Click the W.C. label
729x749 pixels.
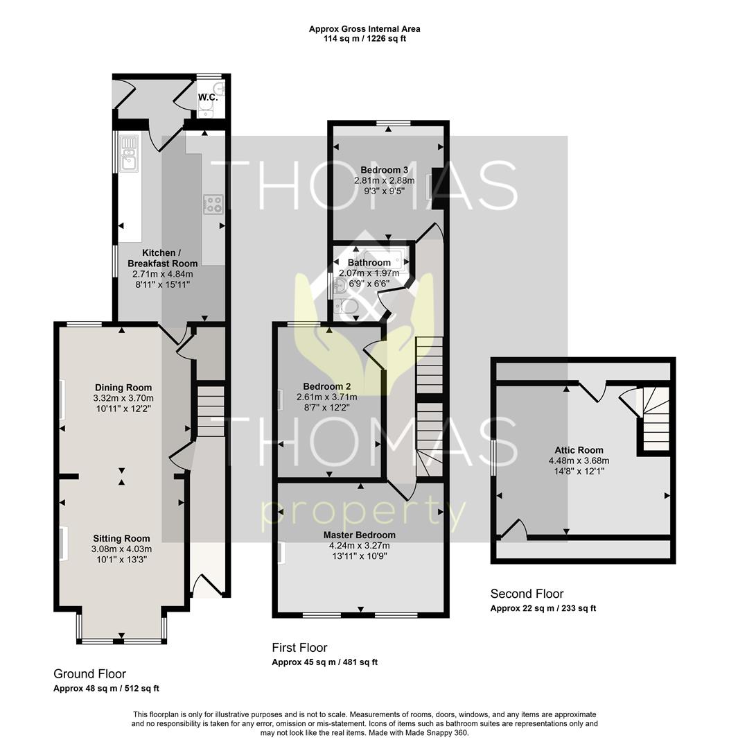pos(208,98)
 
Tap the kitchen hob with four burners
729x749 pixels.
pos(213,205)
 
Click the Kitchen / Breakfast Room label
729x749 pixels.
pos(162,258)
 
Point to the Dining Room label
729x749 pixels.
pos(123,388)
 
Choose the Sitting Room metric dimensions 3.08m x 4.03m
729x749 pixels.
pos(121,549)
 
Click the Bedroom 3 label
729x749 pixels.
pos(385,170)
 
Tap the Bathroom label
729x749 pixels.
pos(369,263)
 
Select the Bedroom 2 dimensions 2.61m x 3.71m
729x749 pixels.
pos(327,397)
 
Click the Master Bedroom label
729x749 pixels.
pos(360,535)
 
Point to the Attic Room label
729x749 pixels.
pos(579,450)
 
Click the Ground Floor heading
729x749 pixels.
pos(90,674)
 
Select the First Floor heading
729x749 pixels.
pos(300,648)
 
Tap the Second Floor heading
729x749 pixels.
pos(527,594)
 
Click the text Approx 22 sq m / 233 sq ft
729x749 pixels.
pos(543,609)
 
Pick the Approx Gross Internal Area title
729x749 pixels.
pos(364,29)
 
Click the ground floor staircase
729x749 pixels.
pos(211,411)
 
